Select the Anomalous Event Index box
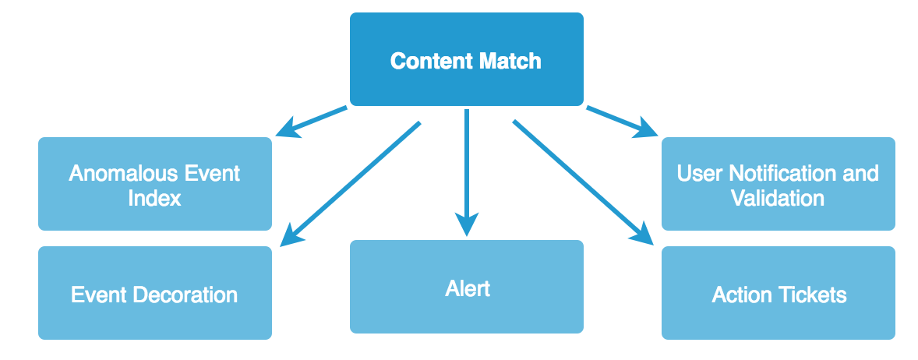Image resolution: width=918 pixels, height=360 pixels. pyautogui.click(x=154, y=184)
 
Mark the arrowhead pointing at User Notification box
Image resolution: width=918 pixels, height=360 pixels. pyautogui.click(x=647, y=129)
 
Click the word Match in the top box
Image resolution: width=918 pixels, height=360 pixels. pyautogui.click(x=507, y=61)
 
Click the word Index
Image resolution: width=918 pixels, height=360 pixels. pyautogui.click(x=154, y=198)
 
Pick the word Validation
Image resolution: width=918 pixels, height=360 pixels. pyautogui.click(x=778, y=198)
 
